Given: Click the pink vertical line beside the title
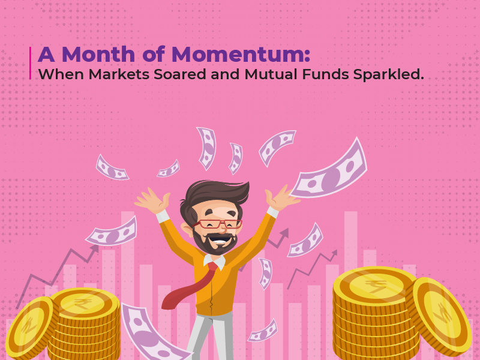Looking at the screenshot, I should pyautogui.click(x=30, y=63).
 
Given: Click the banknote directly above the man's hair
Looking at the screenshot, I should pyautogui.click(x=207, y=147).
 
